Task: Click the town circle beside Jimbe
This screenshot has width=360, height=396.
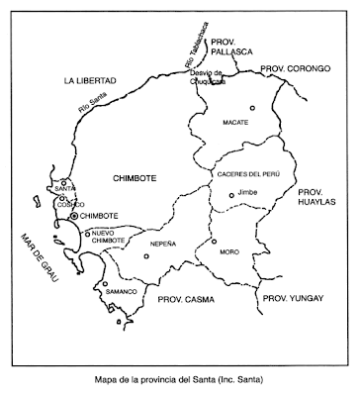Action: (x=231, y=195)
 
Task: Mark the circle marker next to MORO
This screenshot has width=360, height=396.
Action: (x=213, y=241)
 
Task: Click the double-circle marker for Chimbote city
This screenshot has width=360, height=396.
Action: (x=74, y=215)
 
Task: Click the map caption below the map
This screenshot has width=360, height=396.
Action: (x=179, y=377)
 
